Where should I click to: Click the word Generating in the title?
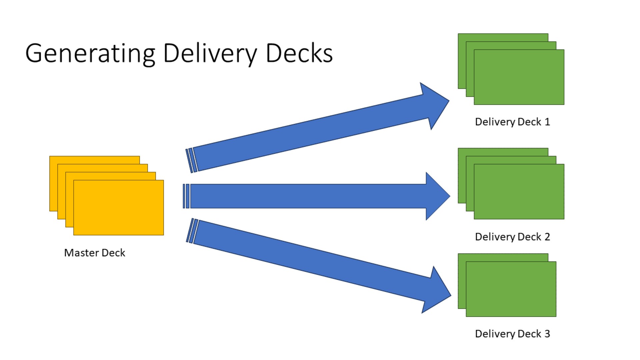click(x=90, y=53)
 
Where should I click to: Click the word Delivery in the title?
click(x=210, y=53)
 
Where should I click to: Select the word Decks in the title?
click(x=299, y=53)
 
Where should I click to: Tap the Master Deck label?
click(x=95, y=253)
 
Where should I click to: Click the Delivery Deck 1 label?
click(x=512, y=122)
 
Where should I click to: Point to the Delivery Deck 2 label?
click(x=512, y=237)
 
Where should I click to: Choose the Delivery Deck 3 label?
click(x=512, y=334)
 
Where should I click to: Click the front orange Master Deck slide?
click(x=119, y=207)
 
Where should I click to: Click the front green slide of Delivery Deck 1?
click(x=519, y=77)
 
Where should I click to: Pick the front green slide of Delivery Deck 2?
click(x=519, y=191)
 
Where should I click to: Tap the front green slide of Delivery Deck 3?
click(x=511, y=289)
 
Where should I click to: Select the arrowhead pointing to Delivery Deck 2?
click(x=437, y=196)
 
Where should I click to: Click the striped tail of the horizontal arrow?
click(x=186, y=196)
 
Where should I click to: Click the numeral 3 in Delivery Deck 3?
click(x=547, y=334)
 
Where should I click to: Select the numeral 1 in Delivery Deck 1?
click(x=547, y=122)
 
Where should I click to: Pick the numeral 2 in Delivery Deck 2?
click(x=547, y=237)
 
